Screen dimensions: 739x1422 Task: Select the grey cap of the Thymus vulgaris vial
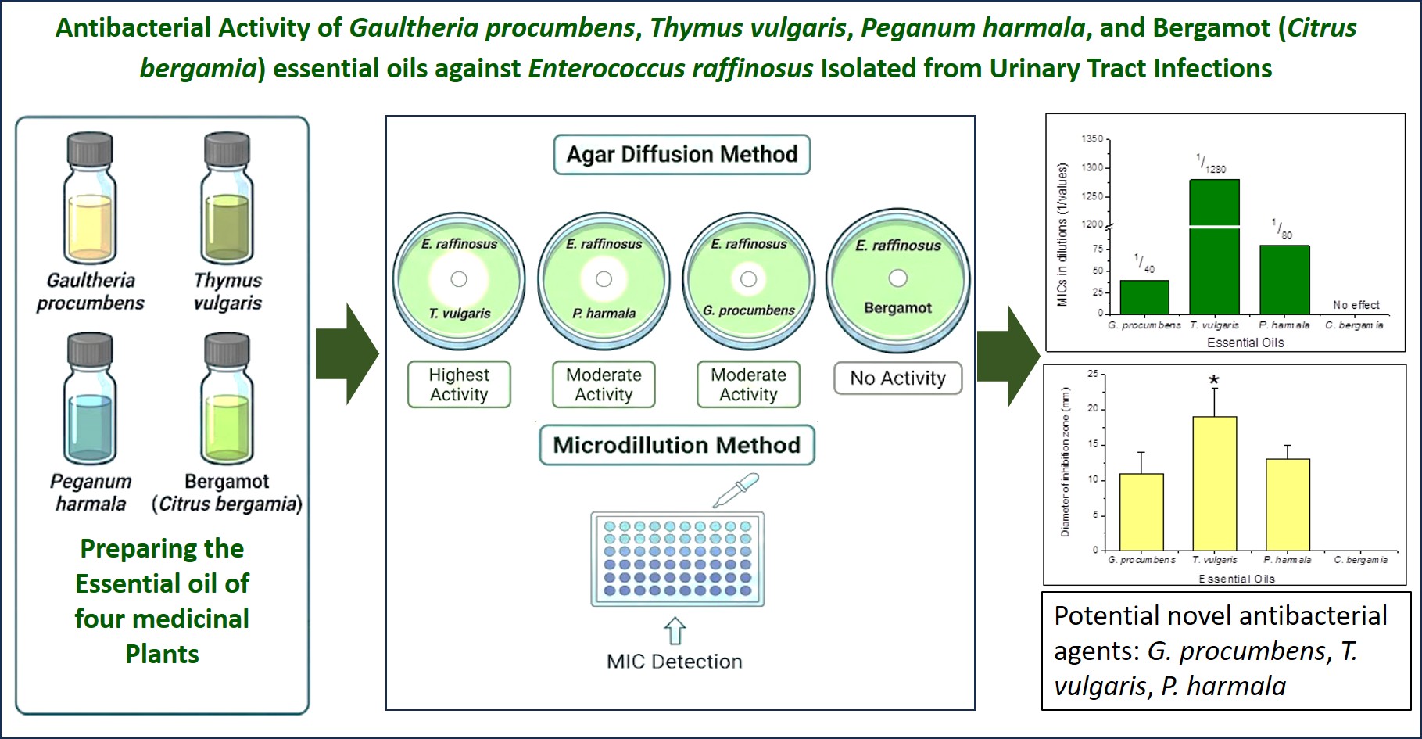pos(227,149)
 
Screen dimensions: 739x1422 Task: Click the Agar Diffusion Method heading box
pos(682,154)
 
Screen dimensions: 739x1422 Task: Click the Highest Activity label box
pos(459,385)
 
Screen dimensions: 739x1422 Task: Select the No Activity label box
pos(897,378)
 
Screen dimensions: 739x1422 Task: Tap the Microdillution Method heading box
pos(676,445)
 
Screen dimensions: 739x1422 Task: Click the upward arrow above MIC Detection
pos(675,631)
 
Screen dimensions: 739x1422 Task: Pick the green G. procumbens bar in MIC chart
pos(1144,297)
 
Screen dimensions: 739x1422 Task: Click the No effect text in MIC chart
pos(1356,305)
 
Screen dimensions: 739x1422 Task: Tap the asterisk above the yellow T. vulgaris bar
pos(1214,381)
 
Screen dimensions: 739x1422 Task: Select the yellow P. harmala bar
pos(1288,504)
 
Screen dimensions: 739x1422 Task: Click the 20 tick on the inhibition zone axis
pos(1092,408)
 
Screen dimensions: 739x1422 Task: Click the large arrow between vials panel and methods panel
pos(347,353)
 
